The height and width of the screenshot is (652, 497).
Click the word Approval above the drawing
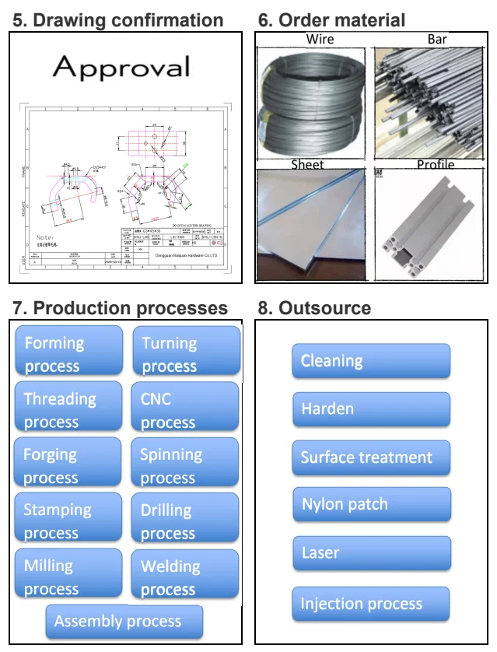click(121, 68)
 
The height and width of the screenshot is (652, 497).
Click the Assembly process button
click(124, 622)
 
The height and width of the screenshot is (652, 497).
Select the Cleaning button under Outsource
click(371, 361)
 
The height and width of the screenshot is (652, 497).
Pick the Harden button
click(371, 409)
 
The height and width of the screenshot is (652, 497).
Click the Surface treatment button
click(371, 457)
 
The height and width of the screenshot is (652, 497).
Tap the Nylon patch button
click(371, 505)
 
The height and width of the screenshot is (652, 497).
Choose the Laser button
click(371, 553)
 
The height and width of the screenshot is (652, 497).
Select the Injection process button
click(371, 604)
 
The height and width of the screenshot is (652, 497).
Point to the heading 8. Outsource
click(314, 308)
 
